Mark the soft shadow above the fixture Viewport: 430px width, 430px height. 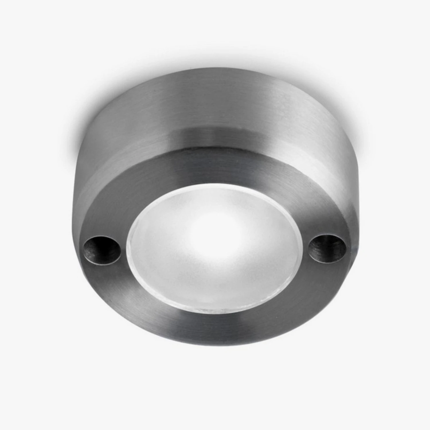click(x=215, y=57)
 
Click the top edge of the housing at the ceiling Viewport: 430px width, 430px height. click(x=215, y=69)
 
